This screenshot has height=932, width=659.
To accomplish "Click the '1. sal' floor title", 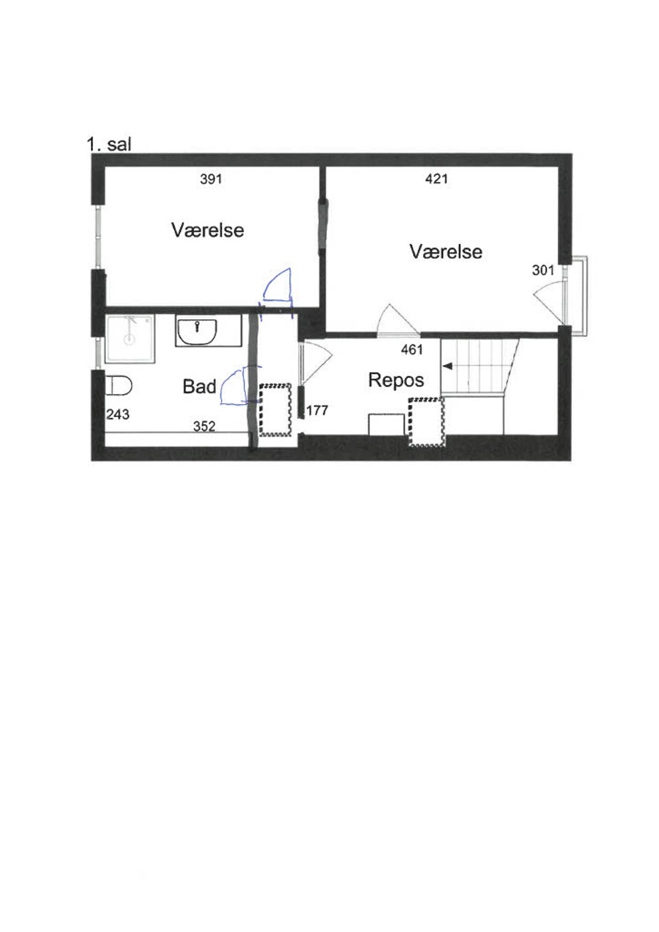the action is (x=109, y=145).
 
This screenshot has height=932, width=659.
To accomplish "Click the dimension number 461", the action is (x=412, y=349).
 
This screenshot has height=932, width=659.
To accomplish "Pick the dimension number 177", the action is (x=317, y=411).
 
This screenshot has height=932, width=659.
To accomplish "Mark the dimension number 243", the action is (x=118, y=414).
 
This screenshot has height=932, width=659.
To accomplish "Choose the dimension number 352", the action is (x=204, y=426).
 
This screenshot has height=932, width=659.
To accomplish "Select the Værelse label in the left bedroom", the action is (x=208, y=230).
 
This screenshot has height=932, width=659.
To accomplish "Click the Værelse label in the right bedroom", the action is (x=446, y=252).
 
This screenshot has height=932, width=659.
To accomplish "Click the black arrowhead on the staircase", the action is (x=447, y=367).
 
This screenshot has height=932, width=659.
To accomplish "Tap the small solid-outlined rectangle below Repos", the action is (x=386, y=425).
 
